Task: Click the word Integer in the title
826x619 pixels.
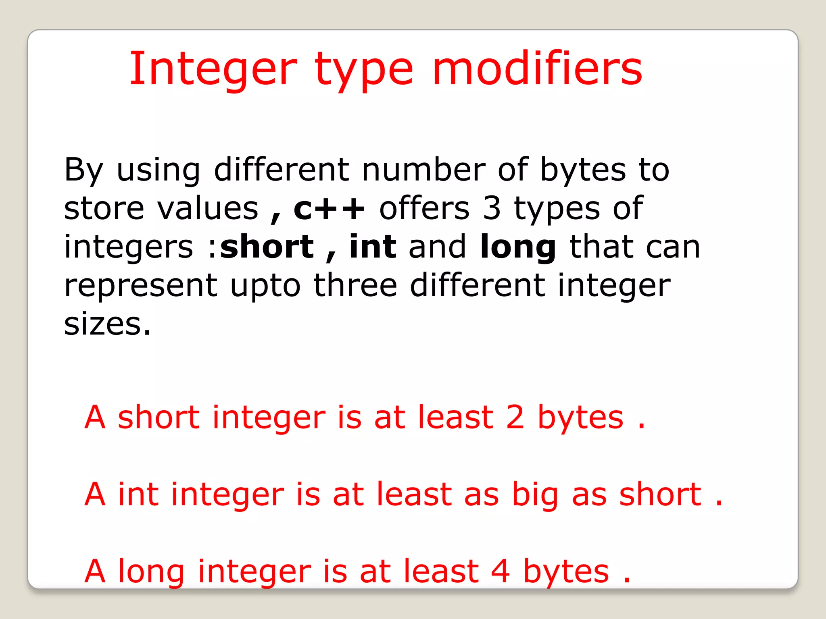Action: click(x=214, y=69)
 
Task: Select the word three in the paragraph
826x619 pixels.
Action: click(x=355, y=285)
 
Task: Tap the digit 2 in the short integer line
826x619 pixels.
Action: click(x=515, y=418)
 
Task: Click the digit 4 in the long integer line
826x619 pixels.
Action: click(x=501, y=571)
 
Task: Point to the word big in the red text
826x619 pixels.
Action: click(x=535, y=496)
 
